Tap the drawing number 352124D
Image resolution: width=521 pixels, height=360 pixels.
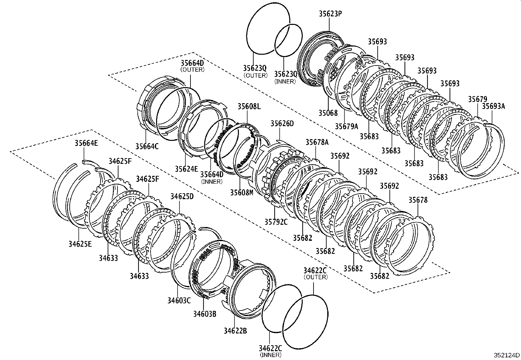pyautogui.click(x=507, y=355)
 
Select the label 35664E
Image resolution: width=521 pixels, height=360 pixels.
pyautogui.click(x=86, y=143)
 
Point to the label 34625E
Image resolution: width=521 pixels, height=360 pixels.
pyautogui.click(x=80, y=244)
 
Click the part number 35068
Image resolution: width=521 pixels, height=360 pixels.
pyautogui.click(x=328, y=113)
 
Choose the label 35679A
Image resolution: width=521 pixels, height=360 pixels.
pyautogui.click(x=347, y=126)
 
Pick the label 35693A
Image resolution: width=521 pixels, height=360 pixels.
pyautogui.click(x=494, y=106)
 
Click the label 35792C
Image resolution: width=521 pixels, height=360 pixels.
pyautogui.click(x=276, y=222)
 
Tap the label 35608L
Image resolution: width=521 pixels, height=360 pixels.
pyautogui.click(x=249, y=106)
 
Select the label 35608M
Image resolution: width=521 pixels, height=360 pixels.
pyautogui.click(x=242, y=192)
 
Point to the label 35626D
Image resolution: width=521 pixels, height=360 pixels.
pyautogui.click(x=282, y=123)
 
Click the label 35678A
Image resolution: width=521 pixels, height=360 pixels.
pyautogui.click(x=317, y=142)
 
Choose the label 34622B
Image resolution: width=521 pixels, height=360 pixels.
pyautogui.click(x=235, y=331)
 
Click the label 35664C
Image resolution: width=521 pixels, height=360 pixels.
pyautogui.click(x=147, y=146)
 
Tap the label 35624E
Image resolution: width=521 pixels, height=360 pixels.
pyautogui.click(x=186, y=169)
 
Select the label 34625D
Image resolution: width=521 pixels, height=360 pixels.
pyautogui.click(x=182, y=196)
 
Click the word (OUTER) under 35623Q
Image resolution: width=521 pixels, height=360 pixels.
pyautogui.click(x=255, y=75)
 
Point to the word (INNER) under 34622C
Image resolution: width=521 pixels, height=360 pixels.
pyautogui.click(x=270, y=354)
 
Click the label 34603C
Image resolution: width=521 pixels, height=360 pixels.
pyautogui.click(x=179, y=300)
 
